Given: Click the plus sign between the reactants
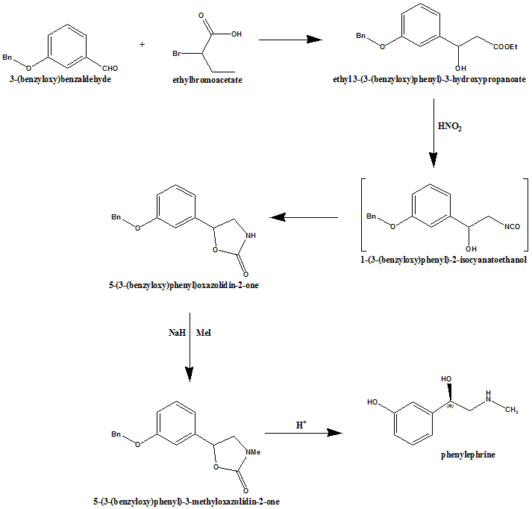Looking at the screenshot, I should click(x=143, y=44).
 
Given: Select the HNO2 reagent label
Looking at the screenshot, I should click(x=450, y=128).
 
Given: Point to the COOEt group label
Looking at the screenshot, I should click(x=505, y=47).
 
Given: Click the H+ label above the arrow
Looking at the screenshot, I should click(x=301, y=425).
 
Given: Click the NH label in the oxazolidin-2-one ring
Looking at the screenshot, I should click(x=250, y=235).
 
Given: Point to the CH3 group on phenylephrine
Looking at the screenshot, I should click(x=510, y=408).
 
